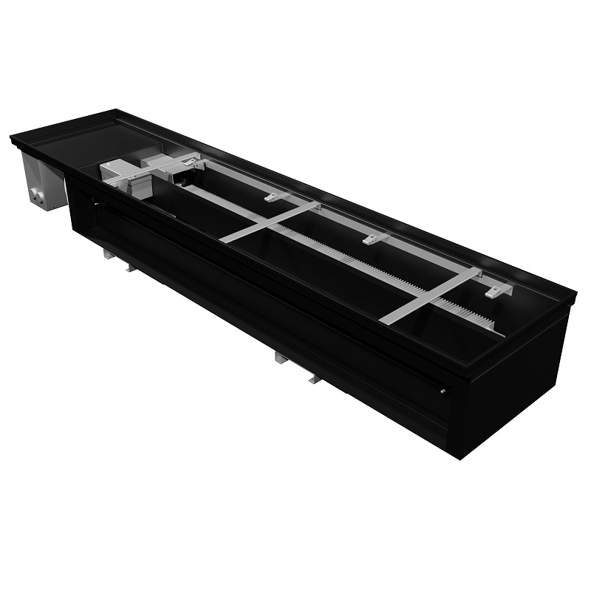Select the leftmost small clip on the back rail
pyautogui.click(x=274, y=197)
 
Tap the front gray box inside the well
pyautogui.click(x=122, y=173)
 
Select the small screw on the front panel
pyautogui.click(x=442, y=392)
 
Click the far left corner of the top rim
pyautogui.click(x=12, y=137)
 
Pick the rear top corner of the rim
pyautogui.click(x=116, y=112)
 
